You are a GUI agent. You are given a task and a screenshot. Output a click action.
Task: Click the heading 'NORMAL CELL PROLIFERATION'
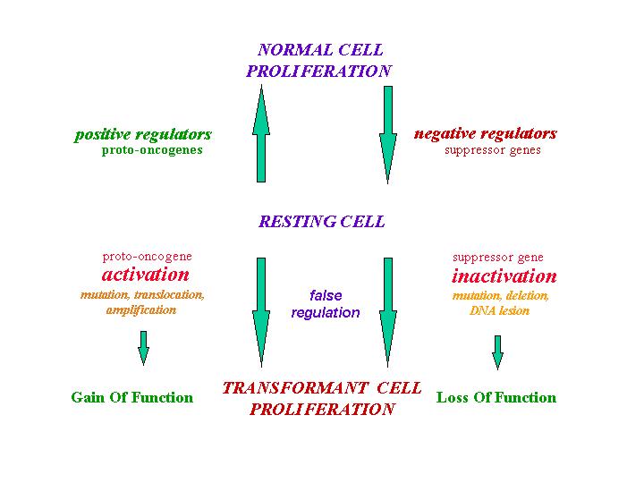point(319,61)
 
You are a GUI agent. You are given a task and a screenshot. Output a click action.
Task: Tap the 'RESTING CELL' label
point(322,222)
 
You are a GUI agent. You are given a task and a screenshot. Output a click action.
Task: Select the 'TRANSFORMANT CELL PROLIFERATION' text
point(322,398)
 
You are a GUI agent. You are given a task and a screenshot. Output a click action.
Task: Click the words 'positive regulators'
point(143,135)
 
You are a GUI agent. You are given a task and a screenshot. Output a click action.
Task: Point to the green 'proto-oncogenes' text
point(152,150)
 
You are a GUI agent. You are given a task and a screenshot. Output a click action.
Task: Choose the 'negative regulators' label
point(486,133)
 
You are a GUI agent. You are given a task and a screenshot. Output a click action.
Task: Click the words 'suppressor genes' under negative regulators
point(493,150)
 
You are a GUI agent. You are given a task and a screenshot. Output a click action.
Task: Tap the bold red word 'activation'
point(146,275)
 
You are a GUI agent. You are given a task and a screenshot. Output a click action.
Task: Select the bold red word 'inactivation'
point(504,276)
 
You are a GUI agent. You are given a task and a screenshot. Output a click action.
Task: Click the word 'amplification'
point(141,310)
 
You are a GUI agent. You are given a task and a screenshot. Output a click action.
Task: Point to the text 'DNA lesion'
point(499,310)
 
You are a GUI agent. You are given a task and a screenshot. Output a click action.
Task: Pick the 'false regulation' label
point(326,304)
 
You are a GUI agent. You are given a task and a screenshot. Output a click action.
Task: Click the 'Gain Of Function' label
point(131,397)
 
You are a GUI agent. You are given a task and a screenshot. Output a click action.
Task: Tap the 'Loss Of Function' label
point(496,397)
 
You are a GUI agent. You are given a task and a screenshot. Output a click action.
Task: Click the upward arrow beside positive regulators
point(261,133)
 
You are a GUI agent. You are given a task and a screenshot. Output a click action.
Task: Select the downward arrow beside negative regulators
point(387,135)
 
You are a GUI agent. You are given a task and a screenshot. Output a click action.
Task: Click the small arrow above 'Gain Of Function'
point(143,348)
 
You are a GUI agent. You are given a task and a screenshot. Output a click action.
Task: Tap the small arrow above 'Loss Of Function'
point(498,352)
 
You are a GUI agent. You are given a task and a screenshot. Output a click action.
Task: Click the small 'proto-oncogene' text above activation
point(147,257)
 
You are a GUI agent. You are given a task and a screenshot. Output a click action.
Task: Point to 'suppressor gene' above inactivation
point(498,258)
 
